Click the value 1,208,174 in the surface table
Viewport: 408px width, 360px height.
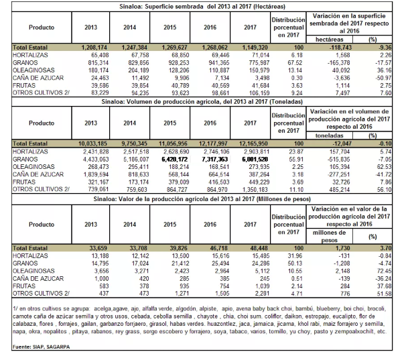click(x=94, y=48)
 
